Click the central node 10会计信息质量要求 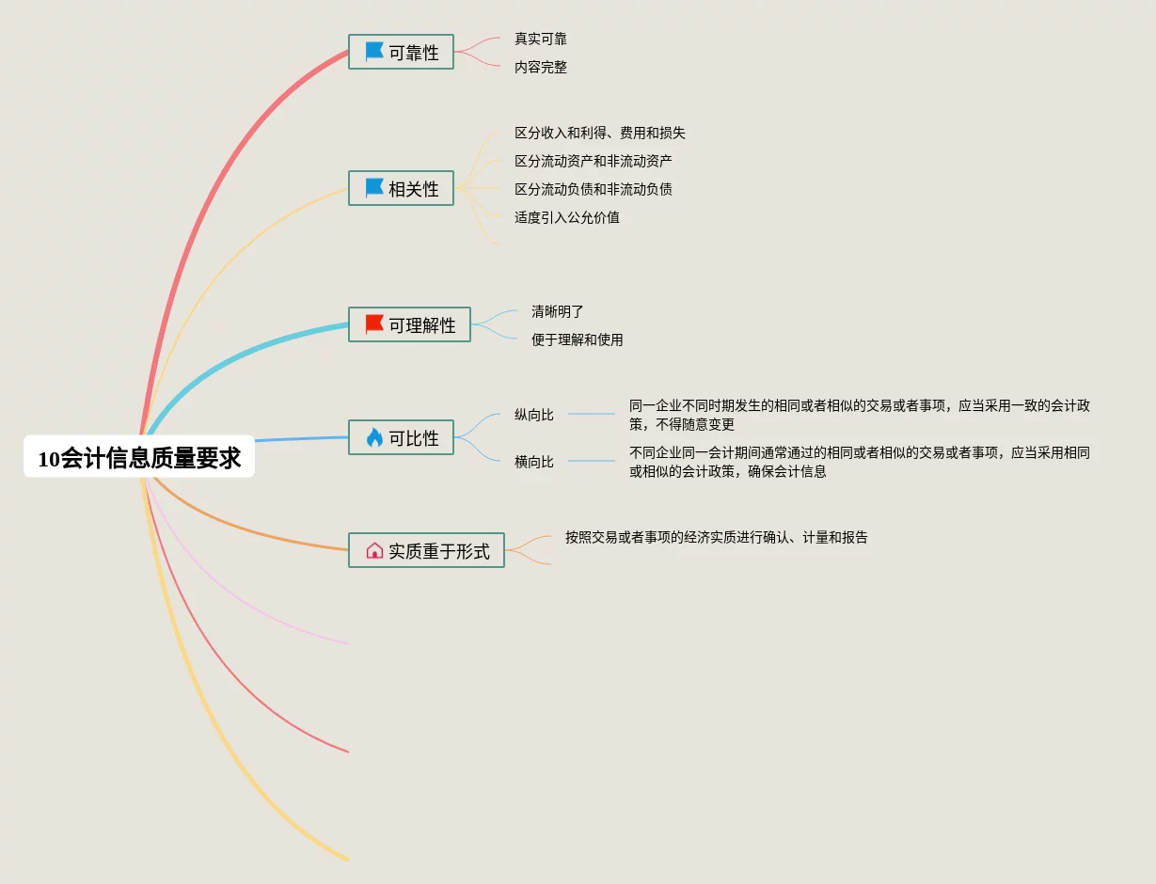click(139, 458)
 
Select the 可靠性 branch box click(402, 53)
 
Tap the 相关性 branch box click(402, 189)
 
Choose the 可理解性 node click(410, 325)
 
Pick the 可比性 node click(402, 438)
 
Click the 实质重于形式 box click(427, 551)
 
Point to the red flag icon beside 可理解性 click(374, 324)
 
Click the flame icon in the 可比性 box click(374, 437)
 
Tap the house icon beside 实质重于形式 click(374, 551)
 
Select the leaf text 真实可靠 click(541, 39)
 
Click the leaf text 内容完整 click(541, 68)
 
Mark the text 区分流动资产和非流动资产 click(594, 162)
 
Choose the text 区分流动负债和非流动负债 click(594, 190)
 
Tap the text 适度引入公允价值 click(567, 218)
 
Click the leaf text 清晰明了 click(558, 312)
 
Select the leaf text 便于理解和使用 click(578, 340)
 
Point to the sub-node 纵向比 click(534, 415)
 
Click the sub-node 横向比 click(534, 462)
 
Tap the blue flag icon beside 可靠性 click(374, 52)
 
